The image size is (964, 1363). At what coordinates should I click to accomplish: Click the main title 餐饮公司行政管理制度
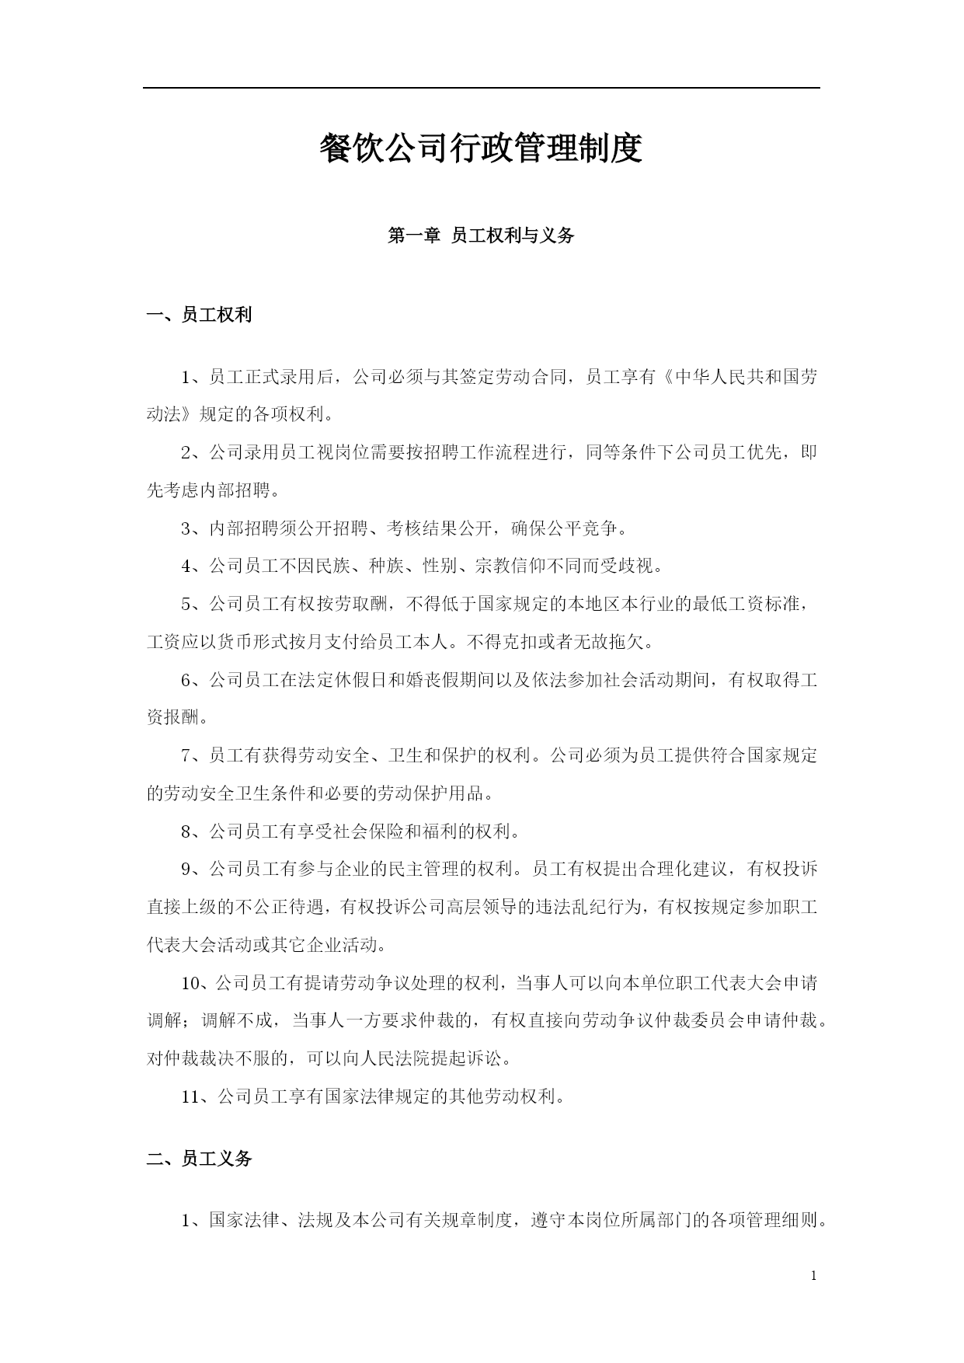coord(481,148)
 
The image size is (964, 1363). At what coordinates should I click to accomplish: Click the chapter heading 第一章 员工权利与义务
coord(481,235)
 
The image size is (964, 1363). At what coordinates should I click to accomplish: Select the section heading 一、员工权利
coord(200,315)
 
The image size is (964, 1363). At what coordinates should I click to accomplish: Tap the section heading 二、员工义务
coord(200,1159)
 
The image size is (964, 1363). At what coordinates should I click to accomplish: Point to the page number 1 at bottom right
coord(813,1275)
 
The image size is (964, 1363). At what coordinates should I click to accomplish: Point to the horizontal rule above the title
coord(481,88)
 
